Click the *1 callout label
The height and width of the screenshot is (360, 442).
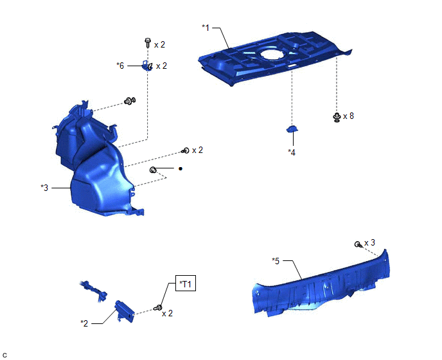(206, 28)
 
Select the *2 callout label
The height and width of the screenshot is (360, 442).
(84, 323)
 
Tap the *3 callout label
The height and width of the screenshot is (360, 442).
(44, 188)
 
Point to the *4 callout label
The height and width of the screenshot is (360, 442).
(292, 152)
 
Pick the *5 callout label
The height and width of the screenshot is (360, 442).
(276, 261)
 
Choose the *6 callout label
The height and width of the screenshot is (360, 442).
(120, 66)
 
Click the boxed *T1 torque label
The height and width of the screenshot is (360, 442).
(186, 283)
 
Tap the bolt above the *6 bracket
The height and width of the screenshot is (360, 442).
(148, 42)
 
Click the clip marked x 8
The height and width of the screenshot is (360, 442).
(337, 117)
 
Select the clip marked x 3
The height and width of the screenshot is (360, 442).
(358, 244)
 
